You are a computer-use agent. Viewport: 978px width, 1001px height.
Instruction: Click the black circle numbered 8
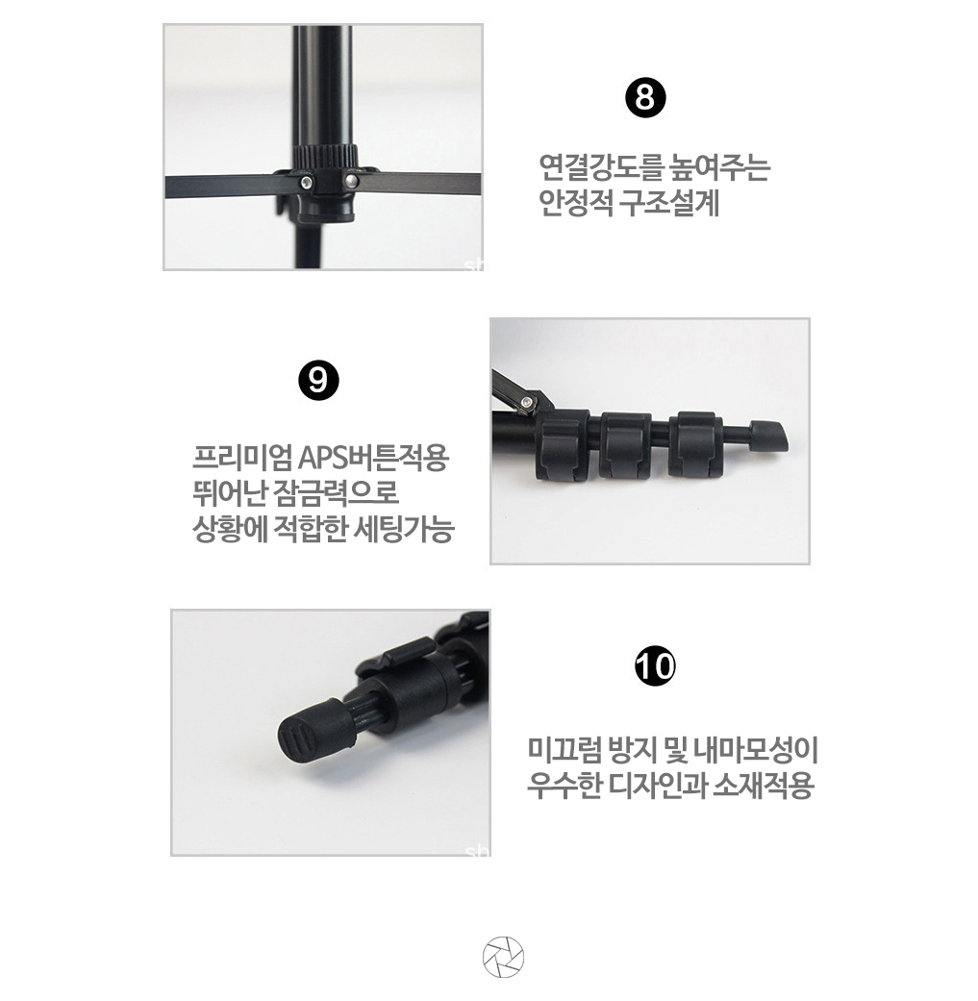(644, 99)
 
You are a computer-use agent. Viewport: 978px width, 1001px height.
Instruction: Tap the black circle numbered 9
(318, 380)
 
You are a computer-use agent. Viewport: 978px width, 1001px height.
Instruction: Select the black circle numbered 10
(655, 665)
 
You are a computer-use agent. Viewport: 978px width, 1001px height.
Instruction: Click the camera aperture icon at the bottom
(503, 958)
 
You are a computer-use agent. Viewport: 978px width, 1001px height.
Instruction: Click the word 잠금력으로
(336, 493)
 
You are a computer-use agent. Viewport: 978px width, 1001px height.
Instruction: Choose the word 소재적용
(763, 786)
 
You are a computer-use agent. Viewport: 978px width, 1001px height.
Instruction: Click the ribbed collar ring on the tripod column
(325, 155)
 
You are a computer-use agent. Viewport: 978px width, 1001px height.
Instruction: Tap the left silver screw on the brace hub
(307, 184)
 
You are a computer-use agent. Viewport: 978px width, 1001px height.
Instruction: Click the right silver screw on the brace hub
(351, 181)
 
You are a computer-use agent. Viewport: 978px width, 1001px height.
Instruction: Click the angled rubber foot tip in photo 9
(768, 437)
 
